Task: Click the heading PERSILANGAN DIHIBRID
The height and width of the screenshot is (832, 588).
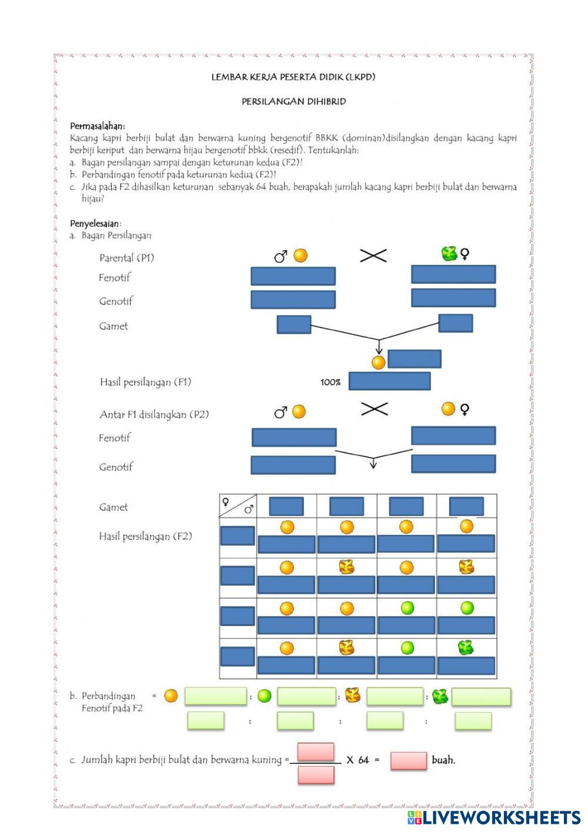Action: pos(293,101)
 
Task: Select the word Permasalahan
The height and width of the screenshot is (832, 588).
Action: pos(97,126)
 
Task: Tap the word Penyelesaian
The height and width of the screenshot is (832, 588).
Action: pos(95,224)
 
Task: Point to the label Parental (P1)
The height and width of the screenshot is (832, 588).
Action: pos(126,258)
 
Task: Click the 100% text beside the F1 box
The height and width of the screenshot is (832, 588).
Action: pos(330,382)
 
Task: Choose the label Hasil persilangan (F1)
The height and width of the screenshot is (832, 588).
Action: pos(145,382)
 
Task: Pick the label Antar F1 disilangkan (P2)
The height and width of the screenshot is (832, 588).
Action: pos(154,414)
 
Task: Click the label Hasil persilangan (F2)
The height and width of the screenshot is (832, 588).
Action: pos(145,536)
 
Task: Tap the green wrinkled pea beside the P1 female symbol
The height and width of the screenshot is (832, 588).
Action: pos(449,254)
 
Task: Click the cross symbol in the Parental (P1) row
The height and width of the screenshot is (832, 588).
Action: pos(373,255)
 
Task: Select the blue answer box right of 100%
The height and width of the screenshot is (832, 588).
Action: pos(389,381)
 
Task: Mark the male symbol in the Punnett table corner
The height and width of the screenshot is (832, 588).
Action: pos(249,510)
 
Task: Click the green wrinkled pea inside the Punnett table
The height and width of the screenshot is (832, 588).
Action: pos(466,648)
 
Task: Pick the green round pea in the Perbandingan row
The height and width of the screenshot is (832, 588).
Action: pos(265,696)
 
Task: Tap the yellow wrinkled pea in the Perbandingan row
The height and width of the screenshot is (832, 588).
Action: pos(352,695)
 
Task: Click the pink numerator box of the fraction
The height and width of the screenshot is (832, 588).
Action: pos(316,751)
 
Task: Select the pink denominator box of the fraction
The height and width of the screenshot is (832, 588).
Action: pos(316,775)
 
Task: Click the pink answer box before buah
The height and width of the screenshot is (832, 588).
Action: pos(408,760)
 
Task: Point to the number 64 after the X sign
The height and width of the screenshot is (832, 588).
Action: pos(363,760)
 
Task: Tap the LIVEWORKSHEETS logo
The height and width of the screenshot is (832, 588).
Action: pos(493,817)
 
